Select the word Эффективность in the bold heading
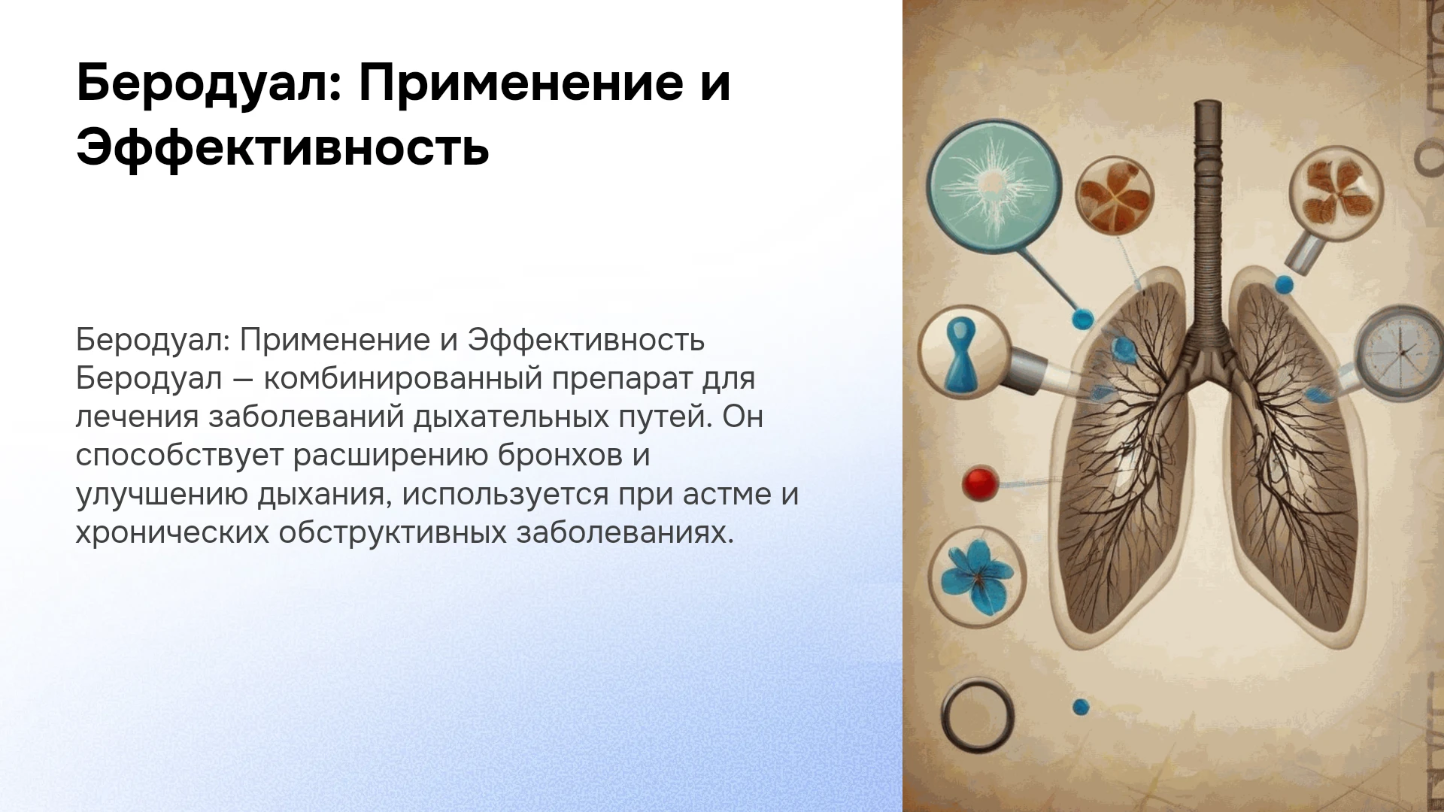point(283,149)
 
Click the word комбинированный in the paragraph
point(402,378)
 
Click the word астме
point(727,495)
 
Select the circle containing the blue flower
point(977,577)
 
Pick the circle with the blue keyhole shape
point(963,350)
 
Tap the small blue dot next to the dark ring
point(1081,707)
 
